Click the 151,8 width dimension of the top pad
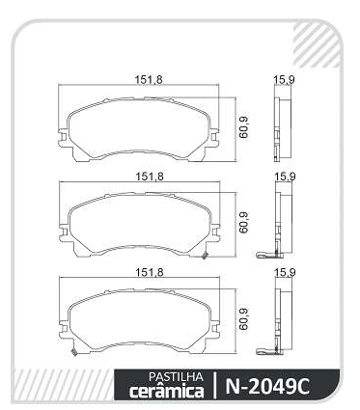point(149,80)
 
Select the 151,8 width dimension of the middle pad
point(150,177)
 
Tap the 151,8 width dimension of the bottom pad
point(150,273)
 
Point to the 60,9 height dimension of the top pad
point(244,127)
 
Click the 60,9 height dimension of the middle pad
point(244,222)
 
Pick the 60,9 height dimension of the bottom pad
point(244,319)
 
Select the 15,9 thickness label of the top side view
point(284,80)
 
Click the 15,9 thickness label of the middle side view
point(285,177)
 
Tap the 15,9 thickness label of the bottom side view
point(285,273)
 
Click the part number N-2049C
point(267,386)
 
